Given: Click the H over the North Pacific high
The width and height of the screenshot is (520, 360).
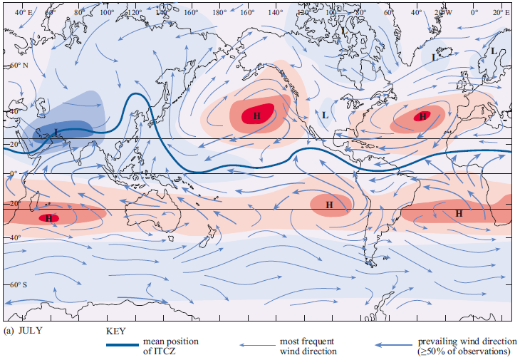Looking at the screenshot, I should point(257,115).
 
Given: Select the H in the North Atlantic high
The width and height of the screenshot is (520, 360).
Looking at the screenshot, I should point(422,115).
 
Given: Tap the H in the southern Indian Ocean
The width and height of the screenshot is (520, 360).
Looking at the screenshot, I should point(49,218).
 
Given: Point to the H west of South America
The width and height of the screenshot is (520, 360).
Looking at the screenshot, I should point(329,205).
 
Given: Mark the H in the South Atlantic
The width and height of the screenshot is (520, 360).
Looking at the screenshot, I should point(459,212).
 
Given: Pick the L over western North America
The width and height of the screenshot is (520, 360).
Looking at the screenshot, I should point(325,115).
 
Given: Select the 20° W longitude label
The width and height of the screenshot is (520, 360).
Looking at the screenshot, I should point(443,13).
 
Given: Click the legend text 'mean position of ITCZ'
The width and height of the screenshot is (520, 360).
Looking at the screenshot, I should point(171,346).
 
